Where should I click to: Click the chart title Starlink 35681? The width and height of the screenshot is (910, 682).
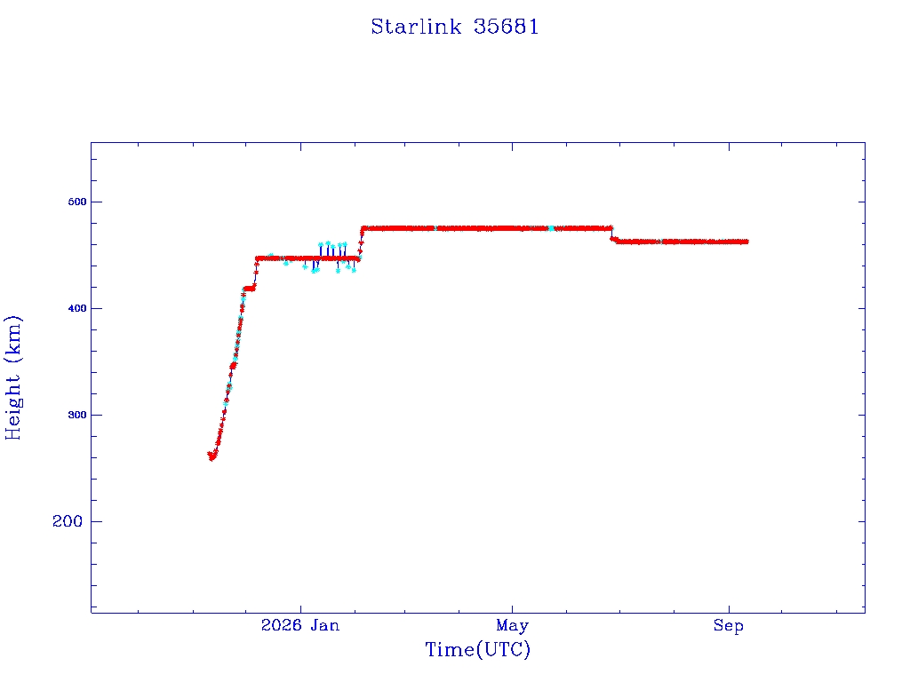pyautogui.click(x=454, y=27)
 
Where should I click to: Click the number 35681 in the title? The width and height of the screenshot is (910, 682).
pyautogui.click(x=506, y=27)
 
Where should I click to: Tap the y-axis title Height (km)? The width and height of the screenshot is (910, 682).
pyautogui.click(x=12, y=377)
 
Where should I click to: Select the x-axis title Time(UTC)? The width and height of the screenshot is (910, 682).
pyautogui.click(x=477, y=649)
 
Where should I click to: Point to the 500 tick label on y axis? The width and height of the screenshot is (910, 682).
pyautogui.click(x=77, y=202)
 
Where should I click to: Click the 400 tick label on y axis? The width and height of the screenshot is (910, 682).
pyautogui.click(x=77, y=308)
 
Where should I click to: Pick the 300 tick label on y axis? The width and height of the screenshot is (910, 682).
pyautogui.click(x=77, y=416)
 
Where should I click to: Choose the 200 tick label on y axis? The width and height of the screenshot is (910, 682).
pyautogui.click(x=68, y=521)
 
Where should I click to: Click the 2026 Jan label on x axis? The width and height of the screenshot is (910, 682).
pyautogui.click(x=300, y=625)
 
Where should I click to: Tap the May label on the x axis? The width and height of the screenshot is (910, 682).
pyautogui.click(x=513, y=626)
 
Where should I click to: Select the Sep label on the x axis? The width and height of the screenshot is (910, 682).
pyautogui.click(x=729, y=626)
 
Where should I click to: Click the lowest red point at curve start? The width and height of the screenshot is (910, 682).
pyautogui.click(x=212, y=458)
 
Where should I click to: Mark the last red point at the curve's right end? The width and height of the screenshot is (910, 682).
pyautogui.click(x=746, y=242)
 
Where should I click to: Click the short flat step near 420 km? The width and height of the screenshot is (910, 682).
pyautogui.click(x=250, y=289)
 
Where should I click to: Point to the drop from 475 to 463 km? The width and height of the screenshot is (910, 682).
pyautogui.click(x=612, y=234)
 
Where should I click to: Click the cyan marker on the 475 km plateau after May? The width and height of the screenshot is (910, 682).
pyautogui.click(x=551, y=228)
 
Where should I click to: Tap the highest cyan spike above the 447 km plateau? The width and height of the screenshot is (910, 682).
pyautogui.click(x=328, y=243)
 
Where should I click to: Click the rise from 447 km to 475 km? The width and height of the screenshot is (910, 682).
pyautogui.click(x=361, y=243)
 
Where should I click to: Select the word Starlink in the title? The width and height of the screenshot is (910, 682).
pyautogui.click(x=416, y=27)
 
